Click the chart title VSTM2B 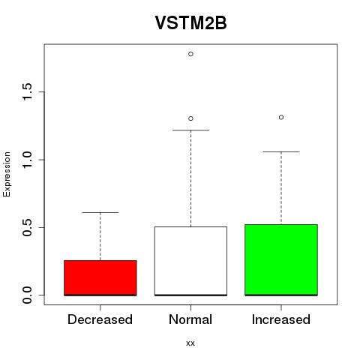click(190, 23)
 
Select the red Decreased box click(100, 278)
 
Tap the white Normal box click(190, 261)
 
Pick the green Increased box click(281, 260)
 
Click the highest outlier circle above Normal click(190, 54)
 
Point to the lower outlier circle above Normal click(190, 118)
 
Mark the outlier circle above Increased click(281, 117)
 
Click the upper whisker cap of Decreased click(100, 212)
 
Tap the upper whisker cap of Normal click(190, 130)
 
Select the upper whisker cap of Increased click(281, 151)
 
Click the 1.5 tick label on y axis click(27, 91)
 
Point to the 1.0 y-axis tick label click(27, 160)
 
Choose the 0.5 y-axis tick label click(27, 227)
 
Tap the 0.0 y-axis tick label click(27, 295)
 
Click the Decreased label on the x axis click(100, 319)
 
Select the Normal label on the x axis click(190, 319)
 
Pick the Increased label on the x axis click(281, 319)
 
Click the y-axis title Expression click(7, 174)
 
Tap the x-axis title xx click(190, 343)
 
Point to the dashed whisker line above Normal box click(190, 178)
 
